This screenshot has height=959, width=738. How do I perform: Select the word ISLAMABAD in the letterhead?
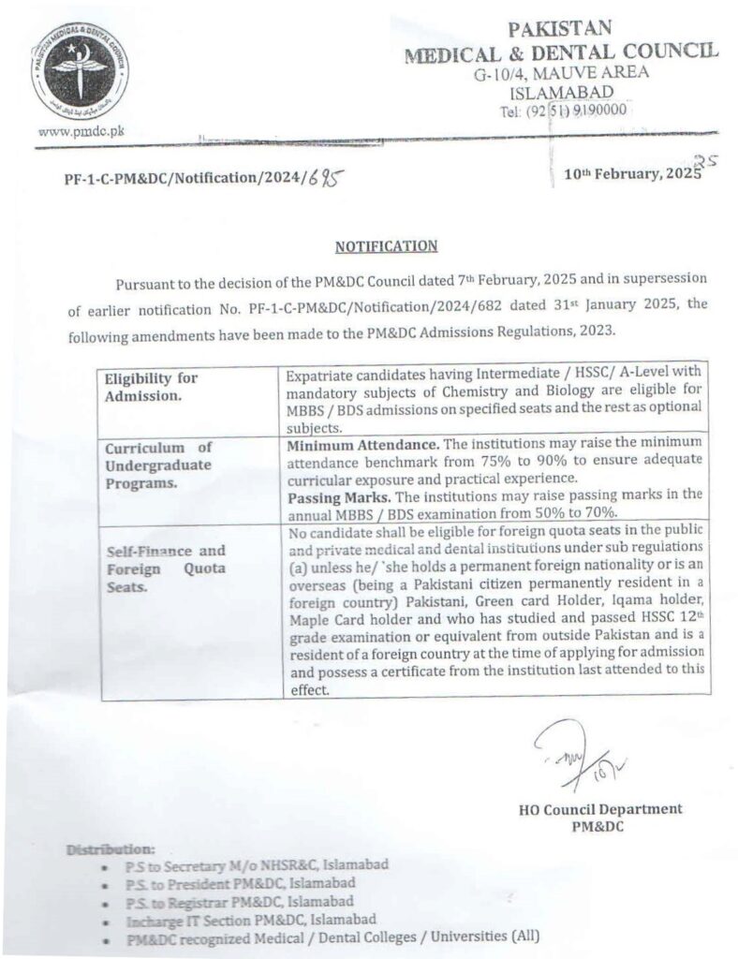(x=561, y=92)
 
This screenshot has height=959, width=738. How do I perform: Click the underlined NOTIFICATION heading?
(x=386, y=246)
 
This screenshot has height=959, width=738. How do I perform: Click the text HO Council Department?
(x=599, y=809)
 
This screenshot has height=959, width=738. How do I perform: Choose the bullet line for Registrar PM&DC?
(x=239, y=902)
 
